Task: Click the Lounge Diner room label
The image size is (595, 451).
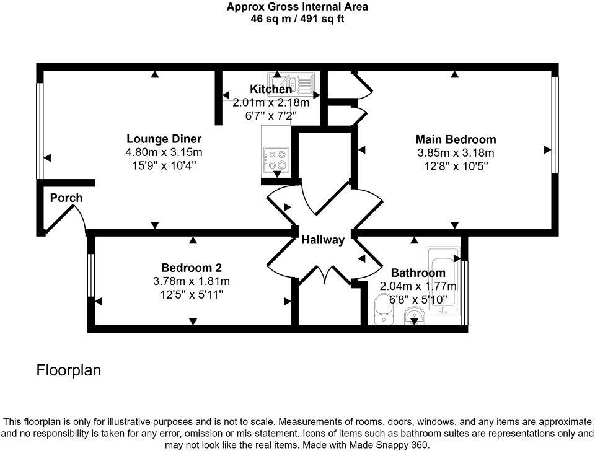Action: click(x=164, y=139)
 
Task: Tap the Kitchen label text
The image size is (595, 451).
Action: click(x=270, y=89)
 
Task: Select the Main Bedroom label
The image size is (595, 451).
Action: click(x=456, y=139)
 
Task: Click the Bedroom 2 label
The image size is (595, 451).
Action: click(x=191, y=268)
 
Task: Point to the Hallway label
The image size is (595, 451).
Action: click(x=323, y=240)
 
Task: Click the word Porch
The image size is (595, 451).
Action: click(x=66, y=198)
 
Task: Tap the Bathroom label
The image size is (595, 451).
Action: click(x=418, y=273)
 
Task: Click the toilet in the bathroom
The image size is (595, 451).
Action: click(x=382, y=310)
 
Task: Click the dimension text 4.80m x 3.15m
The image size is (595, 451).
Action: click(x=164, y=152)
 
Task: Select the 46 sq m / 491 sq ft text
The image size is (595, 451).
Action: click(x=297, y=19)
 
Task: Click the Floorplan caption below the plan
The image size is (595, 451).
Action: click(x=68, y=370)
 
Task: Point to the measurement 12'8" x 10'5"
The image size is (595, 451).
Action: click(x=456, y=165)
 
